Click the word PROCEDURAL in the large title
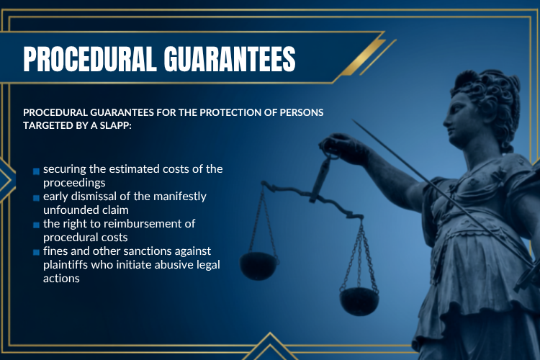tap(89, 59)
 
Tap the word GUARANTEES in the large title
tap(230, 59)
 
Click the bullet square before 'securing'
tap(36, 171)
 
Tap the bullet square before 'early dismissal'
tap(36, 198)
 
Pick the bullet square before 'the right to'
tap(36, 225)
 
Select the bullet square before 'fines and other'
tap(36, 252)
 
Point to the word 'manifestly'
tap(180, 197)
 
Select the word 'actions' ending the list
tap(61, 279)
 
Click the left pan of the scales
tap(258, 265)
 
